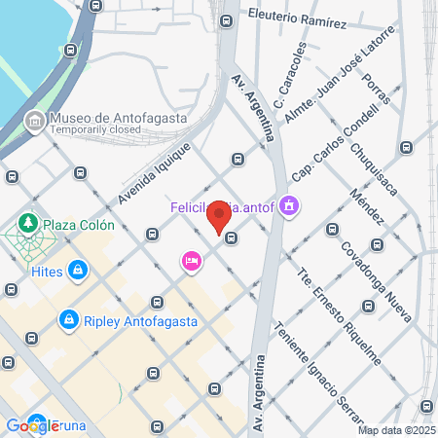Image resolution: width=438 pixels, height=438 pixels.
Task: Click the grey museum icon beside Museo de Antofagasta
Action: pos(34,120)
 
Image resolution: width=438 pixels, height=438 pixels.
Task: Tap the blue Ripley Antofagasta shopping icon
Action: pos(68,318)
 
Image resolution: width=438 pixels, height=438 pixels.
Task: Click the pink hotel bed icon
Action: pos(191,260)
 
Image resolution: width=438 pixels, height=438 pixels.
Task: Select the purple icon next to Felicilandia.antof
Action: pos(289,206)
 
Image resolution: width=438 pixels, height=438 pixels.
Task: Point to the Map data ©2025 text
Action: pos(396,429)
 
